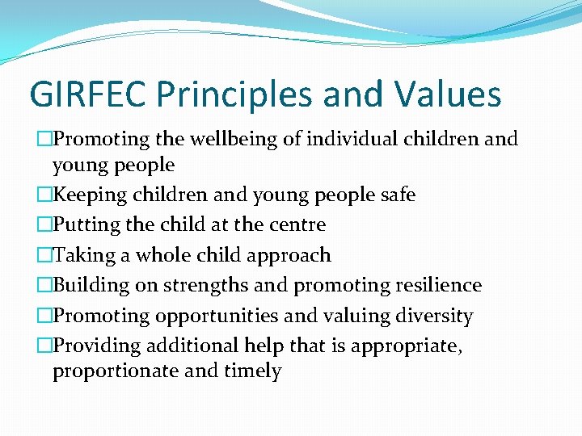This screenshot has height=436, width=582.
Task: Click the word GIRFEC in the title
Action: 87,94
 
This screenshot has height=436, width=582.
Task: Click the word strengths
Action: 208,286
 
